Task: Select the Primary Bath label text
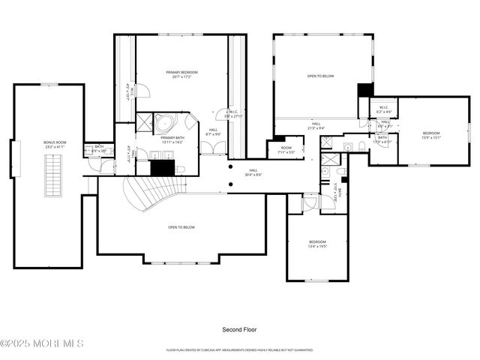[x=172, y=140]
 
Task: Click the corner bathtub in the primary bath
[x=164, y=123]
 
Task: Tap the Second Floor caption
[x=239, y=329]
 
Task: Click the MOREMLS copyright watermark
[x=42, y=343]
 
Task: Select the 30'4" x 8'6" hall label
[x=253, y=173]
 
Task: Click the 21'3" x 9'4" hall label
[x=316, y=126]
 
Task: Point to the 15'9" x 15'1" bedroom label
[x=431, y=135]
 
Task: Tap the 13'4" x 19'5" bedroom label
[x=318, y=244]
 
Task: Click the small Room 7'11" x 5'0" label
[x=286, y=150]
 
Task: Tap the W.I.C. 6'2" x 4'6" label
[x=384, y=109]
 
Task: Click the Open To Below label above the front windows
[x=181, y=227]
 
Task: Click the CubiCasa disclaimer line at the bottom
[x=240, y=349]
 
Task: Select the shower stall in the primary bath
[x=187, y=121]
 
